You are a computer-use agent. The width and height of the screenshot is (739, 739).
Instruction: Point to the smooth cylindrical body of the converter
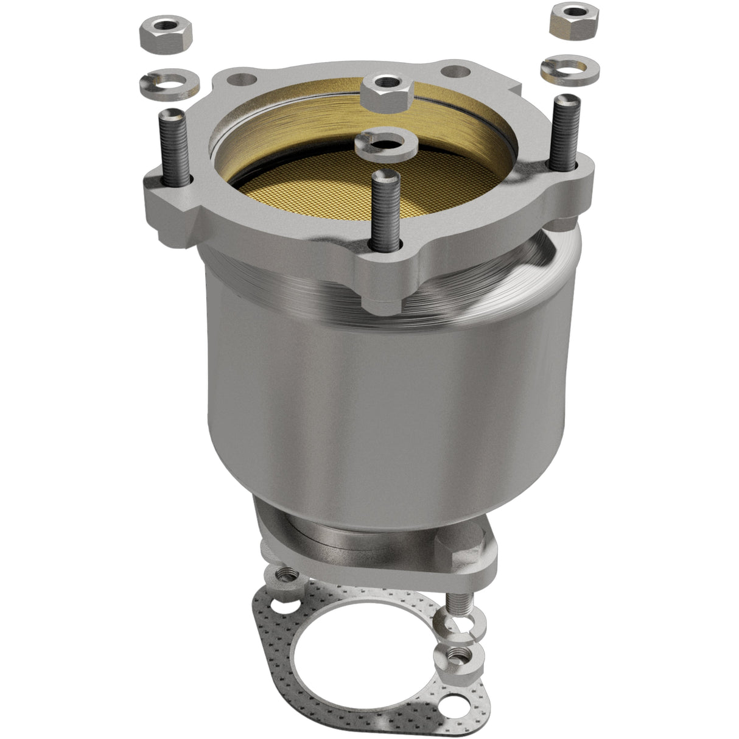click(365, 396)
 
